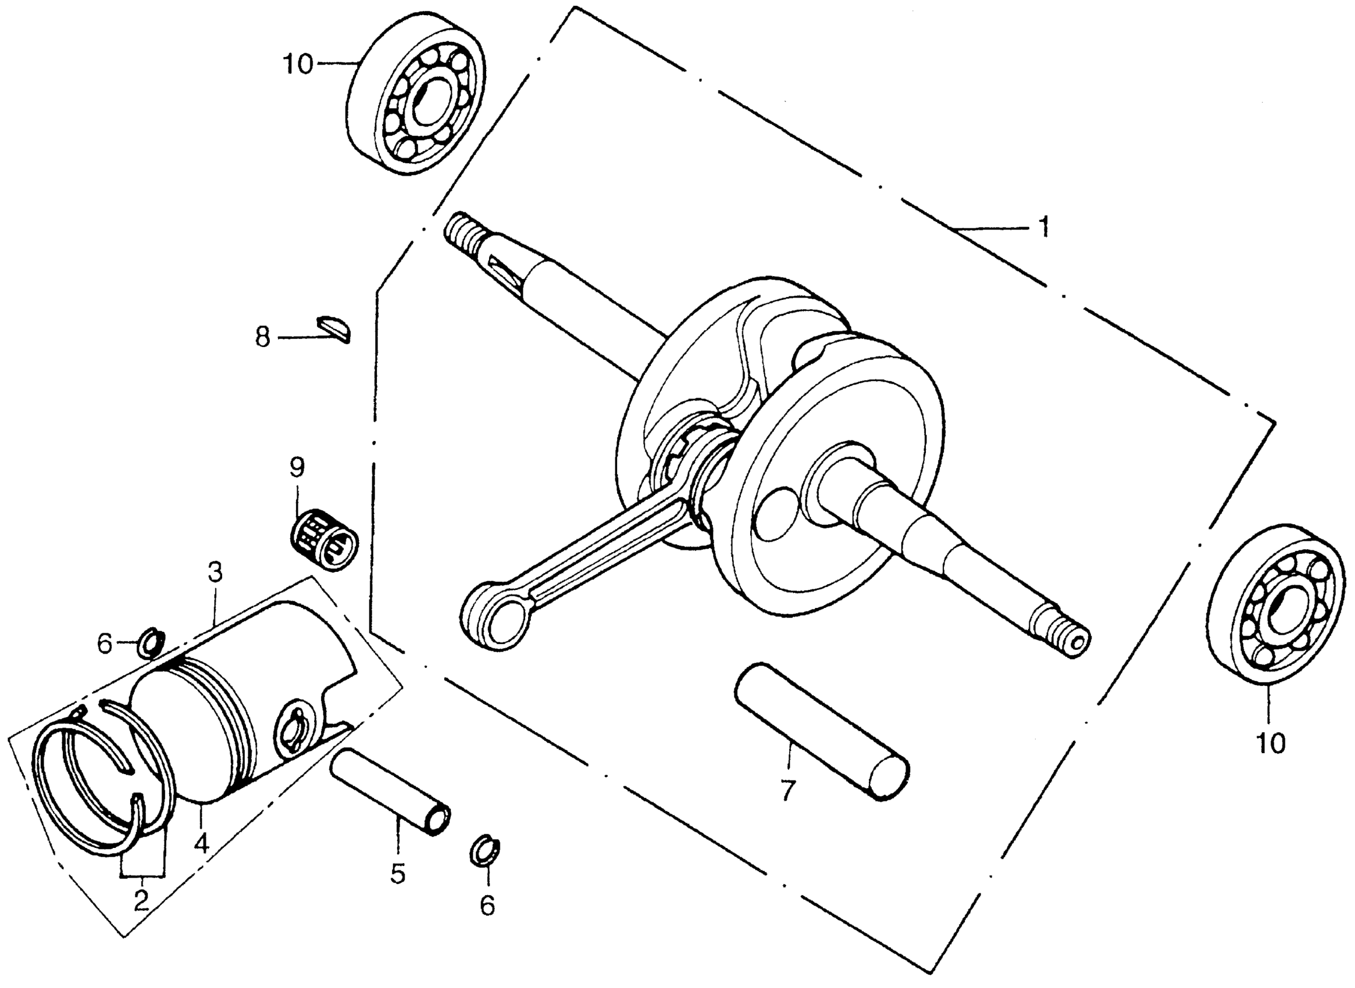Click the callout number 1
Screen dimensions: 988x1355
point(1043,227)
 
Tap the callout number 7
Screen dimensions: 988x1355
point(787,791)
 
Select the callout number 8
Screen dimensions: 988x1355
point(263,337)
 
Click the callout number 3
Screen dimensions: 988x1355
point(215,572)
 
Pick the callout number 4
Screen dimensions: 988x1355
point(201,843)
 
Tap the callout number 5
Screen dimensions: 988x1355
point(397,873)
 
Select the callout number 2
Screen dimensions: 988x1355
point(141,901)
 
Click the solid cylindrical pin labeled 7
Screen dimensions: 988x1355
point(822,731)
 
